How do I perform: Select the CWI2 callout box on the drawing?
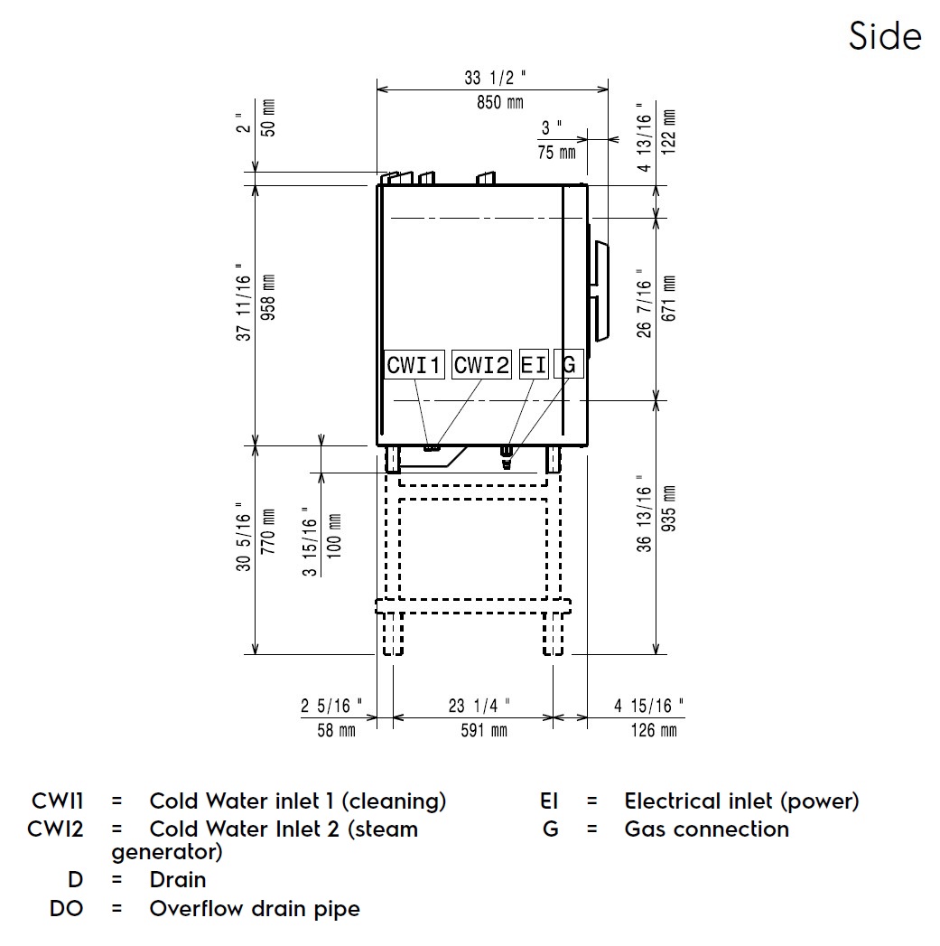pyautogui.click(x=481, y=364)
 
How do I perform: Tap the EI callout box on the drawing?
pyautogui.click(x=534, y=364)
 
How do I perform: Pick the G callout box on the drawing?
pyautogui.click(x=569, y=364)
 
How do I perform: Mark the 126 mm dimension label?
pyautogui.click(x=654, y=730)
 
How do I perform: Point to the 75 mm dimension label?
pyautogui.click(x=556, y=152)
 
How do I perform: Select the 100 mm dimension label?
pyautogui.click(x=334, y=539)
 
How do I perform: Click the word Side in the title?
pyautogui.click(x=885, y=36)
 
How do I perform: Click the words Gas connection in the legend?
pyautogui.click(x=706, y=829)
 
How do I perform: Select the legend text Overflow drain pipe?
pyautogui.click(x=255, y=908)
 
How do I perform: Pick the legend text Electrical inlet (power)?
pyautogui.click(x=741, y=801)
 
